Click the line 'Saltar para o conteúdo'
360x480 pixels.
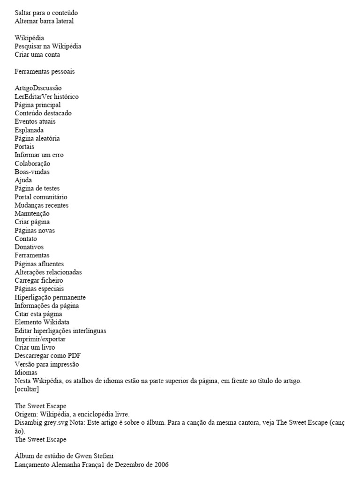[46, 13]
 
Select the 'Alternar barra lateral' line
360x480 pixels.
[44, 21]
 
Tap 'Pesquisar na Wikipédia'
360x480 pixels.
[48, 46]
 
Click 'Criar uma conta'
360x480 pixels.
[37, 55]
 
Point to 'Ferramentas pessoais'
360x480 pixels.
[45, 72]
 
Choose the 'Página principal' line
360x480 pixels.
[37, 105]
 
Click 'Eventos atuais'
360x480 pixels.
[35, 122]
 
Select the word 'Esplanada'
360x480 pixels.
[29, 130]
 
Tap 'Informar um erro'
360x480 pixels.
[39, 155]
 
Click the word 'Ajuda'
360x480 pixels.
[23, 180]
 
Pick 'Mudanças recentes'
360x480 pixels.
[41, 205]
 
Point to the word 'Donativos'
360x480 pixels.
[29, 247]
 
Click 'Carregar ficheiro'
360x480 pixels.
[39, 280]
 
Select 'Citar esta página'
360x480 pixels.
[38, 314]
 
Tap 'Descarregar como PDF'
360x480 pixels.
[45, 356]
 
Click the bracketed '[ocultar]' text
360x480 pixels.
[27, 389]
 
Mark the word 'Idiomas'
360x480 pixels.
[26, 373]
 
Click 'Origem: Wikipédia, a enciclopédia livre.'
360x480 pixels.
[72, 414]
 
